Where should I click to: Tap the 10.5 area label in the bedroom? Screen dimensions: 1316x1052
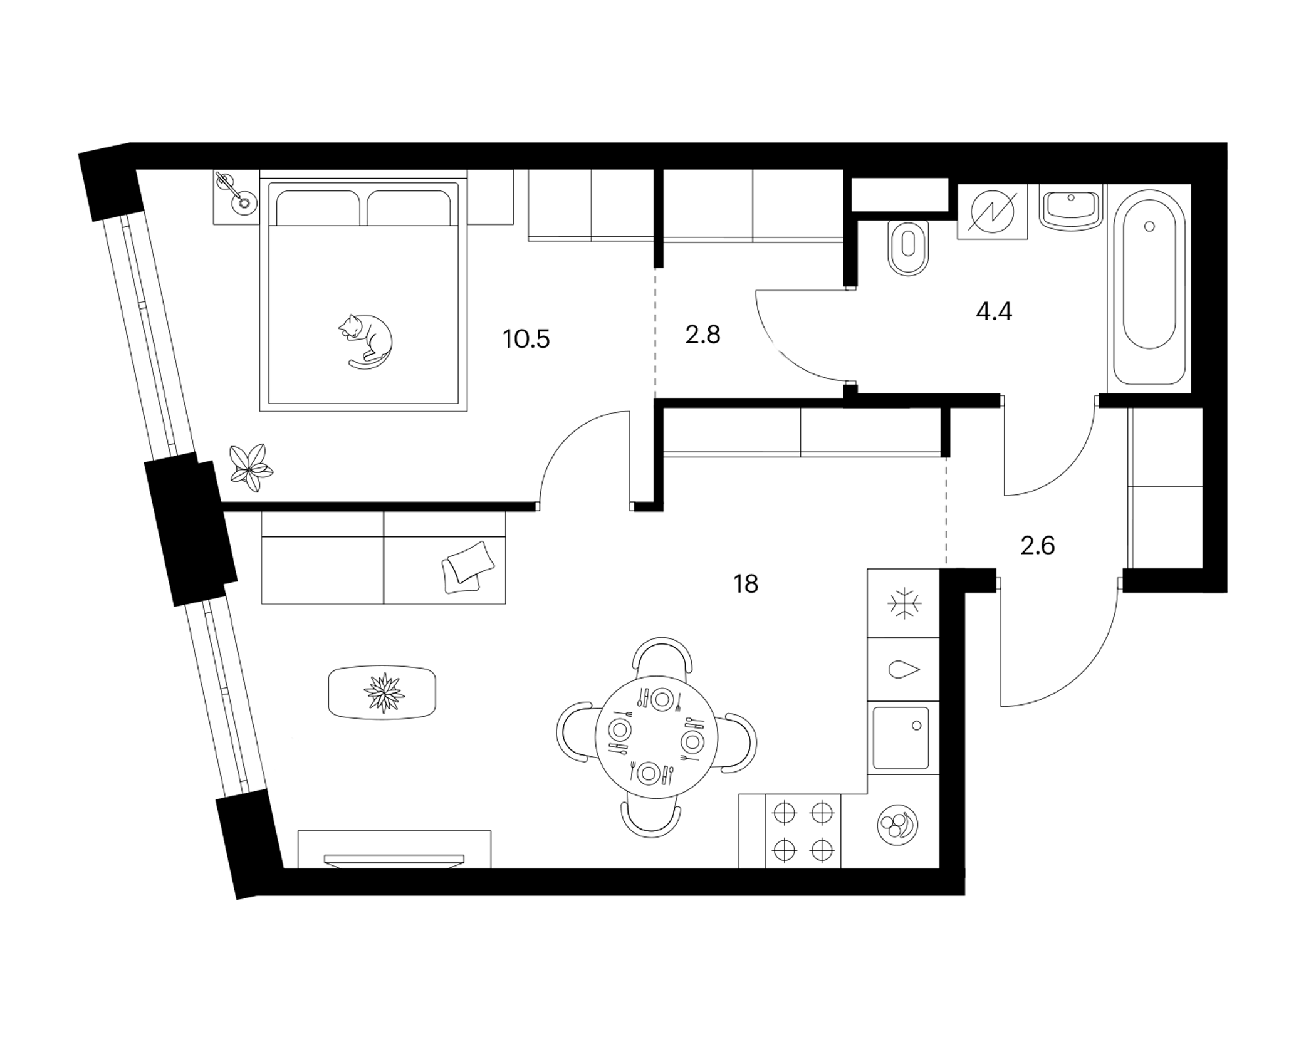(x=526, y=339)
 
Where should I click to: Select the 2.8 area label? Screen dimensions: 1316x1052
(x=702, y=335)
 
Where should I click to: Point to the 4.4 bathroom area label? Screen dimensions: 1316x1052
(x=994, y=311)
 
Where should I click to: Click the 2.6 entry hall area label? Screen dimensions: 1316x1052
(x=1038, y=546)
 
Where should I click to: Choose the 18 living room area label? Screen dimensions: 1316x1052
(x=746, y=584)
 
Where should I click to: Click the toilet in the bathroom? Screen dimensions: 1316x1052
(x=909, y=248)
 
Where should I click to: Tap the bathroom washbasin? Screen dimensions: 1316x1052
(x=1070, y=209)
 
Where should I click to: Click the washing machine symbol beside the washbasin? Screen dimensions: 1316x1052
(x=992, y=211)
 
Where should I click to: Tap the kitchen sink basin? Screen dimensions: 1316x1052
(x=901, y=737)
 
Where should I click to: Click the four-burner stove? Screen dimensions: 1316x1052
(x=803, y=831)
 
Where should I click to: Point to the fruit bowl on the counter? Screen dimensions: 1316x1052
(x=897, y=825)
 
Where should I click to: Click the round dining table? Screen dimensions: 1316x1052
(x=655, y=737)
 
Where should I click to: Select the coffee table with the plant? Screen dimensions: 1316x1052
(x=382, y=692)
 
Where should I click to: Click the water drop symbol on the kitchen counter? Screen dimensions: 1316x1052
(x=904, y=669)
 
